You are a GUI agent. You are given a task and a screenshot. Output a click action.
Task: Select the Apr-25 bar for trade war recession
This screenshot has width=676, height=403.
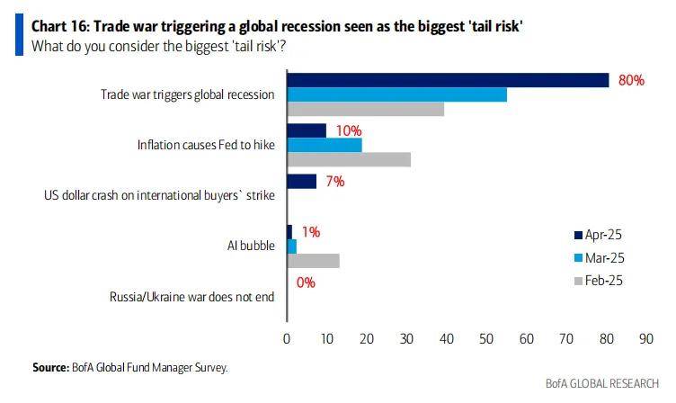click(x=448, y=80)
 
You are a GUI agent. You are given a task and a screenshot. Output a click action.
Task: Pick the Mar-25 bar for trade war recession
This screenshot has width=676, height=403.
click(x=396, y=94)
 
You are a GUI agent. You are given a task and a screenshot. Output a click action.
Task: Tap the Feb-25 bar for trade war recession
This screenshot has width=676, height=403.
click(x=365, y=109)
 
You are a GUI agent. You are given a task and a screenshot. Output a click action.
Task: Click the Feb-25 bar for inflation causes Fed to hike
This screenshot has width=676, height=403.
click(x=349, y=159)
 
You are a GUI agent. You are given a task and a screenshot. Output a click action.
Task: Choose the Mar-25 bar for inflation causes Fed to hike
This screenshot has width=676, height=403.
click(x=325, y=145)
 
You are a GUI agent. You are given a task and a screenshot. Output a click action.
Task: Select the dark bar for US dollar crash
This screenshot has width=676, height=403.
click(x=302, y=181)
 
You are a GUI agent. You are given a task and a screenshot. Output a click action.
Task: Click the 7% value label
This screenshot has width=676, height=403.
click(x=335, y=181)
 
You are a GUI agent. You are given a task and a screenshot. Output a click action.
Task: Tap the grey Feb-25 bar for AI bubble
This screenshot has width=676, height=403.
click(x=313, y=260)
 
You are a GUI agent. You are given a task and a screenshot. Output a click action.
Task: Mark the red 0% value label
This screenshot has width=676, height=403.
click(x=305, y=282)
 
